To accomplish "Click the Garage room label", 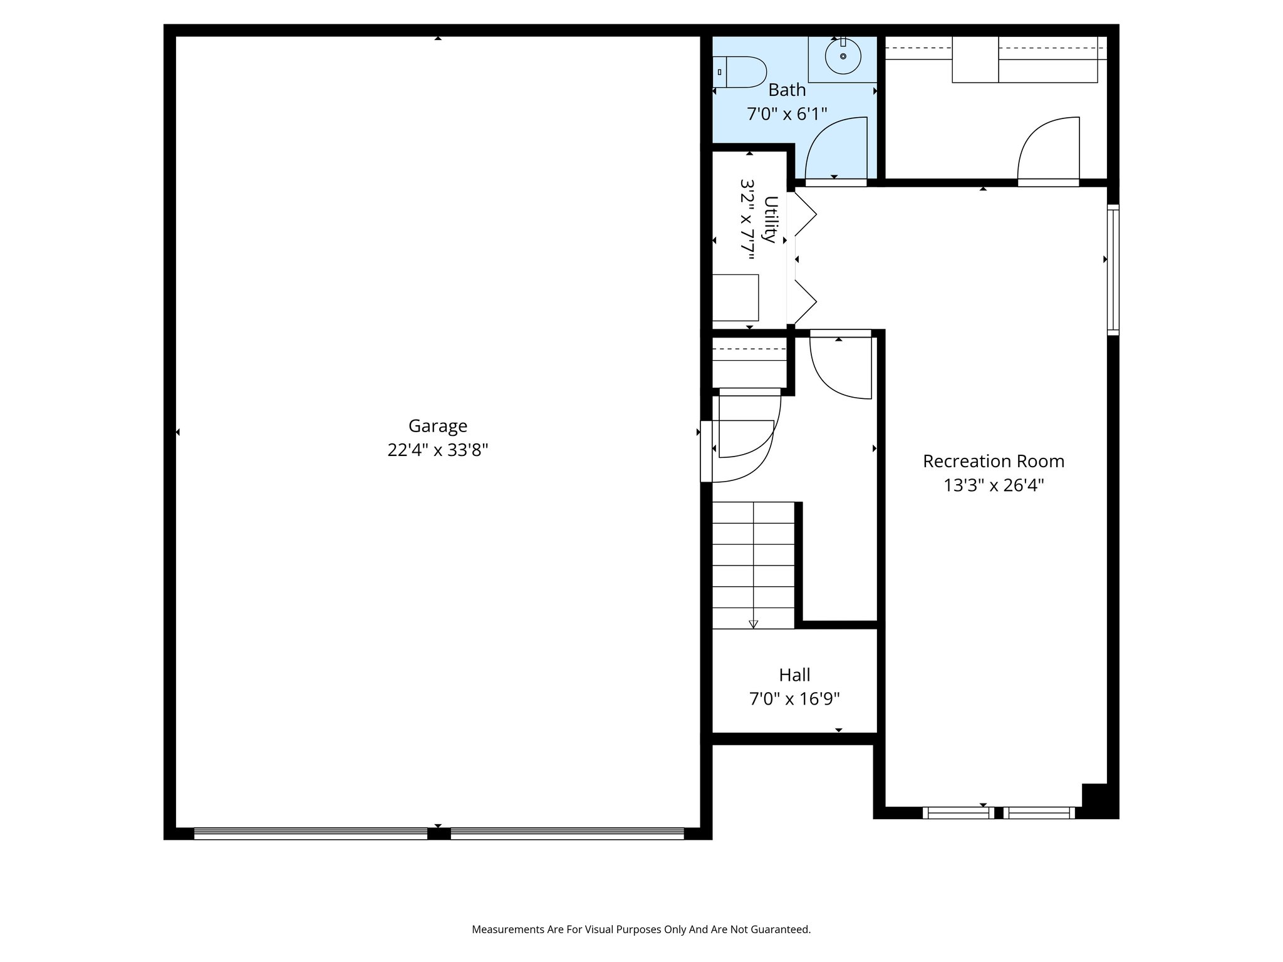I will pos(437,426).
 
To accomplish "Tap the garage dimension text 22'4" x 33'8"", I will pos(437,450).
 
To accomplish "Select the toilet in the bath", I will pos(740,72).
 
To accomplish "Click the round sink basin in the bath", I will pos(843,56).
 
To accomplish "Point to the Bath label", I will pos(787,90).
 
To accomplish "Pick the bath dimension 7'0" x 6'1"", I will pos(787,114).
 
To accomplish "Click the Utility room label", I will pos(770,219).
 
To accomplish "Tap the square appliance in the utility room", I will pos(735,297).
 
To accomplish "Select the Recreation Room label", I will pos(993,462).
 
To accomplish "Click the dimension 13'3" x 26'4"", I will pos(993,485).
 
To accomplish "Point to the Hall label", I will pos(794,675).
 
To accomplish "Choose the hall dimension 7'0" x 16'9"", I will pos(794,699).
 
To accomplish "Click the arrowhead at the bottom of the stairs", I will pos(753,624).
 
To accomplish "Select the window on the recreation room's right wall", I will pos(1113,269).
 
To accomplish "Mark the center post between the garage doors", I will pos(439,834).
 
